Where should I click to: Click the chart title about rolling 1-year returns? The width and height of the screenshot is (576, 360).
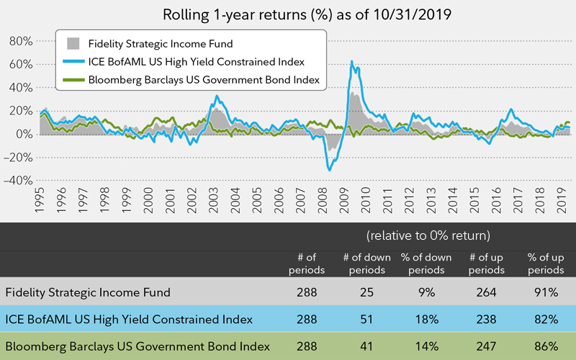click(x=288, y=14)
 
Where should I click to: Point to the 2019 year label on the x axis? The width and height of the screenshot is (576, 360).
click(x=561, y=204)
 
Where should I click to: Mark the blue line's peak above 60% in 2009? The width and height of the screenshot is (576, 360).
click(x=351, y=62)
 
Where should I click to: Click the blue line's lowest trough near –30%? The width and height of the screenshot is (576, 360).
click(x=330, y=170)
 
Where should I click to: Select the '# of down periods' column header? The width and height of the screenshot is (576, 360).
click(x=367, y=264)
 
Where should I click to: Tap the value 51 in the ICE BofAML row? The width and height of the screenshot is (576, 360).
click(x=367, y=319)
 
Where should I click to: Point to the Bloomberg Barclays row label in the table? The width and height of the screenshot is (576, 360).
click(x=137, y=346)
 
